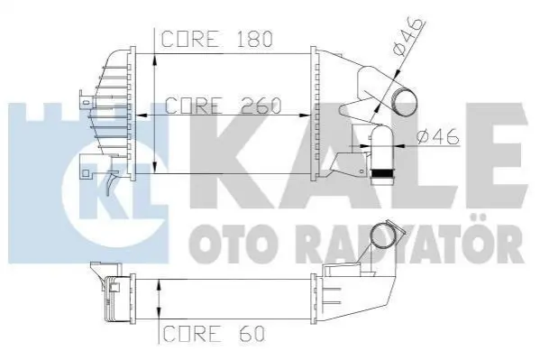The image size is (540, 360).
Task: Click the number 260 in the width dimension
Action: click(x=261, y=106)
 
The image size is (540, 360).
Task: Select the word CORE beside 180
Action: click(x=190, y=39)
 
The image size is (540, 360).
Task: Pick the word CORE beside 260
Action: click(x=194, y=106)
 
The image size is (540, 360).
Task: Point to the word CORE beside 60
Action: click(x=191, y=334)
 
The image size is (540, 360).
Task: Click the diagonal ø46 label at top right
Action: click(x=408, y=37)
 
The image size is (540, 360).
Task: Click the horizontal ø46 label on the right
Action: click(x=438, y=136)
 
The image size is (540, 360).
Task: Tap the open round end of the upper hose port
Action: click(x=404, y=103)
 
